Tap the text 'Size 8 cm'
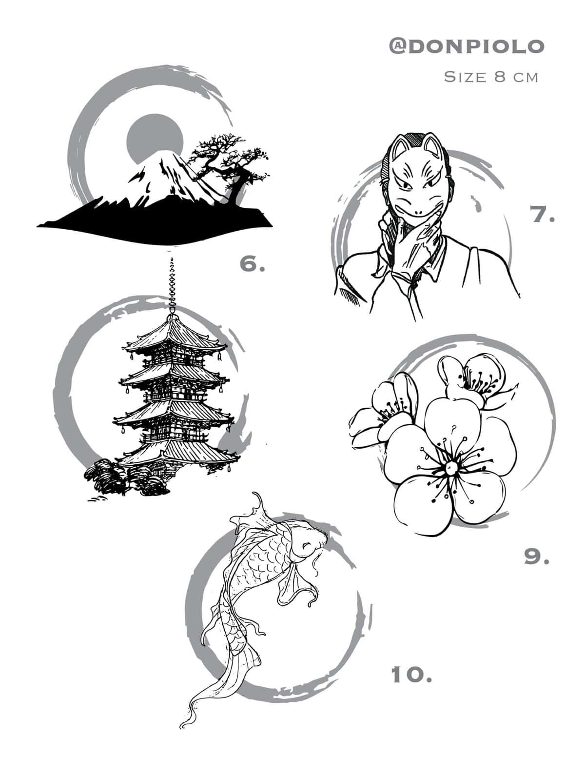tap(490, 77)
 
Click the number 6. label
tap(252, 264)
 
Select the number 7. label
tap(542, 215)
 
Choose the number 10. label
tap(411, 675)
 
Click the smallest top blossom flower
tap(480, 378)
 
